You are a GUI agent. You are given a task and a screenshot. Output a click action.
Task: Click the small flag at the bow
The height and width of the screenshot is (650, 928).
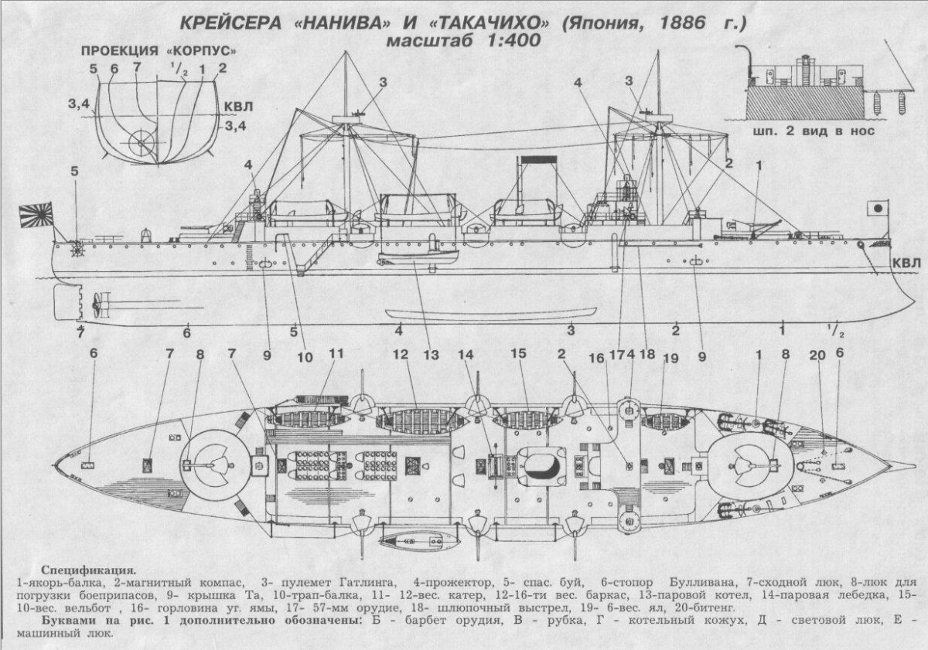pos(877,209)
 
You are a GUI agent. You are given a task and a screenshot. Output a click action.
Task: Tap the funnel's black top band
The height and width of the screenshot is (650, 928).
pos(538,160)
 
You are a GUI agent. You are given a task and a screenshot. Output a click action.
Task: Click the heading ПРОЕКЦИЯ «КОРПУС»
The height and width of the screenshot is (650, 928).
pos(159,51)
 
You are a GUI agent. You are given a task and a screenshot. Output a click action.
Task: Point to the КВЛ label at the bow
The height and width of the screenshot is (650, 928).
pos(906,264)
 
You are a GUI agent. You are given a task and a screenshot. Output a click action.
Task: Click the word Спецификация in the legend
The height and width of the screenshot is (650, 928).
pos(88,570)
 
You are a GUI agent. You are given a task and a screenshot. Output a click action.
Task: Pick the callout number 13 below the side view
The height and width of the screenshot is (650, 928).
pos(431,356)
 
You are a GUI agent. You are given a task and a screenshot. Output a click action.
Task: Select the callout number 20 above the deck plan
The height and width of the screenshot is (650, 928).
pos(817,355)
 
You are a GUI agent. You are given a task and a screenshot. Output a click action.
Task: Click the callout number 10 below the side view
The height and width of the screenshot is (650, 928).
pos(305,357)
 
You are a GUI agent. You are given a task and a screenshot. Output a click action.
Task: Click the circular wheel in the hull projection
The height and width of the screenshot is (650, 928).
pos(142,142)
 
